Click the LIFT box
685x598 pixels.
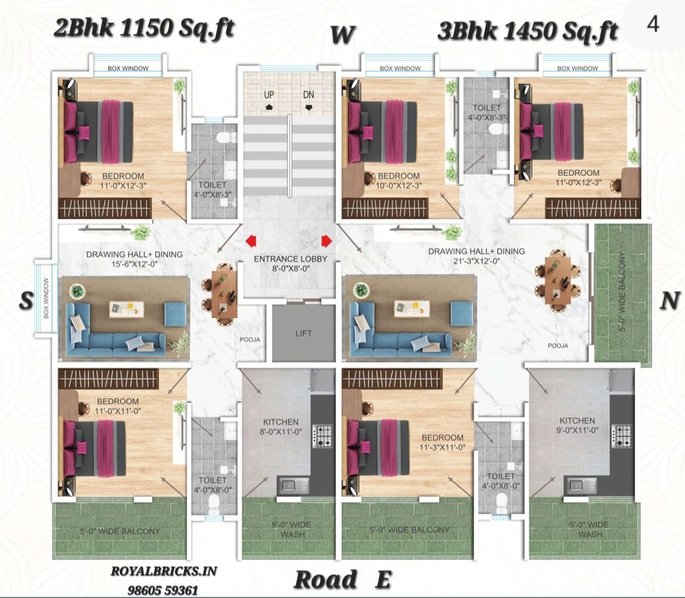point(304,333)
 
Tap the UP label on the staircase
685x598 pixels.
point(269,94)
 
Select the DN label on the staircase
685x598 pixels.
point(308,94)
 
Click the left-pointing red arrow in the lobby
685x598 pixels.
point(251,241)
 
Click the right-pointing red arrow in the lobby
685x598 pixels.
point(327,241)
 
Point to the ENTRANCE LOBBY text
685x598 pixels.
point(290,259)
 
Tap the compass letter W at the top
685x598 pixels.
point(342,35)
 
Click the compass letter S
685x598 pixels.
point(26,301)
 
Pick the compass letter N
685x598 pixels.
point(670,301)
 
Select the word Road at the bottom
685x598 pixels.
point(325,580)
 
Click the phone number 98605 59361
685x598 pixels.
point(163,590)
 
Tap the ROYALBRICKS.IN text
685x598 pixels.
point(164,571)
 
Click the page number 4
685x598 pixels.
point(653,24)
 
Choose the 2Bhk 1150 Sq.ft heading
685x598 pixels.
point(144,29)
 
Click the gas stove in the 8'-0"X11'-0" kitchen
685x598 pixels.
point(323,436)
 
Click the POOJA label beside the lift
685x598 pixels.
point(250,339)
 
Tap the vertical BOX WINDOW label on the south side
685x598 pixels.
point(46,298)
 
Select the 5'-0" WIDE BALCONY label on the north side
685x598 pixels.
point(623,292)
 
